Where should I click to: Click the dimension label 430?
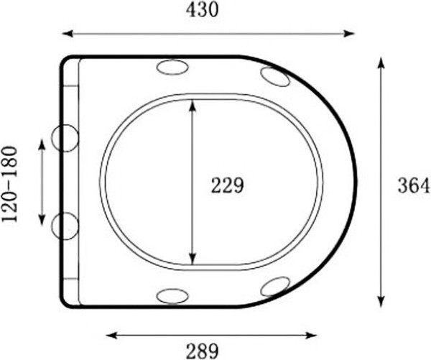click(x=202, y=11)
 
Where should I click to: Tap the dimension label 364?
click(x=414, y=185)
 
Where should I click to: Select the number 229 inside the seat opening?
click(x=227, y=185)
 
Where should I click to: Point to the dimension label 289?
click(x=203, y=351)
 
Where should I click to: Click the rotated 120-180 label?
click(x=10, y=184)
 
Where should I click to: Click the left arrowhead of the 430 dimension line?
click(x=68, y=34)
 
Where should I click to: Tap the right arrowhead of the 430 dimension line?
click(x=350, y=34)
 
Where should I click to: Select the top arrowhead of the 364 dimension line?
click(x=381, y=63)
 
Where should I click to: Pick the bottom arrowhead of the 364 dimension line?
click(x=381, y=301)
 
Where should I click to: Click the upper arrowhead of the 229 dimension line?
click(x=193, y=106)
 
